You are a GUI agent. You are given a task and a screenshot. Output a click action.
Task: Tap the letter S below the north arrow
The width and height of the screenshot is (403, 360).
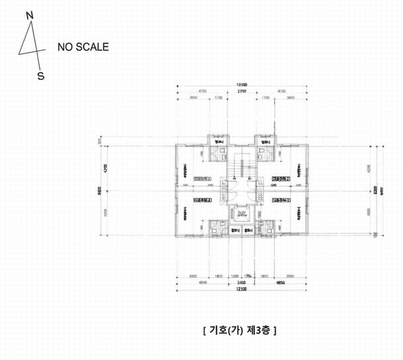point(41,76)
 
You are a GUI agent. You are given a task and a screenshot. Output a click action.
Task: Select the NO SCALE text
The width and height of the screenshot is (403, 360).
point(83,47)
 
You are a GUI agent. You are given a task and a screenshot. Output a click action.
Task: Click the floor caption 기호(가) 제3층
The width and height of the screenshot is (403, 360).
point(240,330)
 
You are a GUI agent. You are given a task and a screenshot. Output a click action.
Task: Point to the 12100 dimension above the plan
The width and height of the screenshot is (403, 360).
point(242,85)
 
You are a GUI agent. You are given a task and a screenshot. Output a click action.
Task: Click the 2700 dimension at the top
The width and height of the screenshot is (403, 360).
point(242,92)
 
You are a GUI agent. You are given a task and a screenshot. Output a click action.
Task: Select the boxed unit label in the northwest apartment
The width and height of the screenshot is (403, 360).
point(203,179)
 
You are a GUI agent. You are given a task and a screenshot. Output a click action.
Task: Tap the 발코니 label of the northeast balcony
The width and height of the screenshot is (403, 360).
point(262,142)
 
